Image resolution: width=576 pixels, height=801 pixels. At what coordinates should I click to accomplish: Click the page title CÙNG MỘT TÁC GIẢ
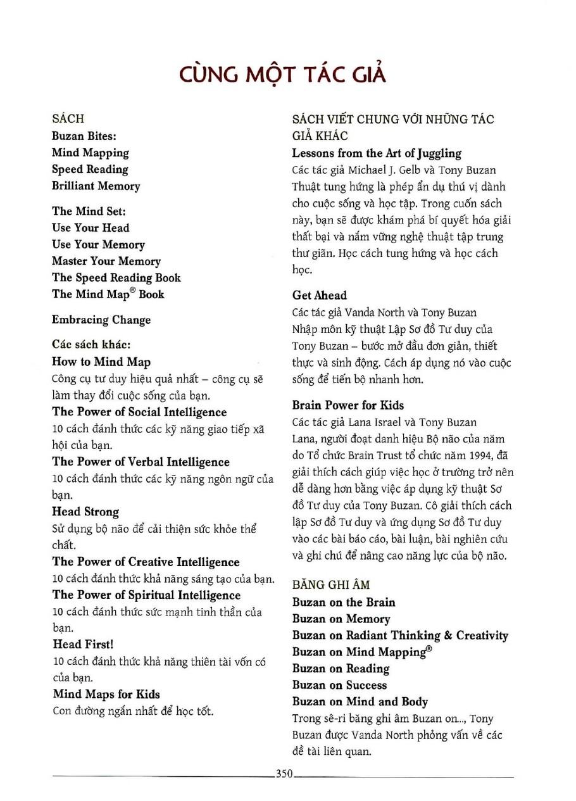coord(282,74)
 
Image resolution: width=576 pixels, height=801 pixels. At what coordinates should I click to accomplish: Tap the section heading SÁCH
coord(68,118)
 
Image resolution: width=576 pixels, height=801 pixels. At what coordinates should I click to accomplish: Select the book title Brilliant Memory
coord(96,186)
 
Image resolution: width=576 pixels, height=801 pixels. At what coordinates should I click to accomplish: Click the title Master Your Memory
coord(106,261)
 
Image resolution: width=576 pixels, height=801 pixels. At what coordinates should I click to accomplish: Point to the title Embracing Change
coord(101,320)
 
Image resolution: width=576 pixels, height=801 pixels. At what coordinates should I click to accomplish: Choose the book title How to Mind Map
coord(101,362)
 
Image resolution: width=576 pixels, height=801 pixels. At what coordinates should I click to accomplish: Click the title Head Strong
coord(85,512)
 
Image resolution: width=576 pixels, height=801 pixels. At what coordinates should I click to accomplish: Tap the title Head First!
coord(83,644)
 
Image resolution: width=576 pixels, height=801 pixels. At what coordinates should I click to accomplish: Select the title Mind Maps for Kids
coord(106,694)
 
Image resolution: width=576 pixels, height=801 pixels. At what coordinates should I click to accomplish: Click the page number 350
coord(284,773)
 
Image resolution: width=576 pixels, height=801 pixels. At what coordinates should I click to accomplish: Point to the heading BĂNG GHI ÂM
coord(331,585)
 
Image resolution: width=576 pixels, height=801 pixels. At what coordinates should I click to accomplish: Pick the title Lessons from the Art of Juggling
coord(377,153)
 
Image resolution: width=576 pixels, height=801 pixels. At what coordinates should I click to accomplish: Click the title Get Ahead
coord(320,295)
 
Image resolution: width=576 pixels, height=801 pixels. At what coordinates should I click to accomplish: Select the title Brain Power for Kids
coord(347,405)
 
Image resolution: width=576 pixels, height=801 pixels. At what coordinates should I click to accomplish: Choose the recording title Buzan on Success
coord(339,685)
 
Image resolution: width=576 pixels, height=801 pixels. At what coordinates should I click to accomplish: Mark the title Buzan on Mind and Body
coord(360,702)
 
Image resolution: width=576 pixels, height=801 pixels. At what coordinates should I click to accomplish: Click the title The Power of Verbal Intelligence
coord(141,462)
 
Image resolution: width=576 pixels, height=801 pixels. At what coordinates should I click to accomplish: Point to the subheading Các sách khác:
coord(91,345)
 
